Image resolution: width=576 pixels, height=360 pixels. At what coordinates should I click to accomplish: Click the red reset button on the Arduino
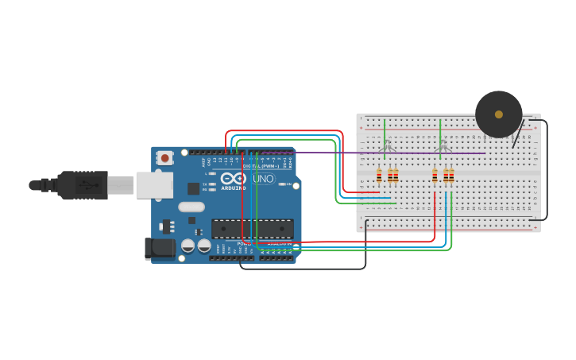point(164,157)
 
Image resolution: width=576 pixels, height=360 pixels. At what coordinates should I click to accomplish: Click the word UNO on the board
point(264,179)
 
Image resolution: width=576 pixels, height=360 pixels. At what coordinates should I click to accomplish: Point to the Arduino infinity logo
point(234,179)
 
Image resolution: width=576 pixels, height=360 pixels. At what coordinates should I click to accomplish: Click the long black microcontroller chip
point(252,229)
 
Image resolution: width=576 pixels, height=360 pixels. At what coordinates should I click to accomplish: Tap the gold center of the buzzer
point(499,114)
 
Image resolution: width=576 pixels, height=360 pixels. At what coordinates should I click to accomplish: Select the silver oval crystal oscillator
point(191,207)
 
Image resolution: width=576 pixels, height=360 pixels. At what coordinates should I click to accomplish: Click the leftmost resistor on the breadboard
point(379,176)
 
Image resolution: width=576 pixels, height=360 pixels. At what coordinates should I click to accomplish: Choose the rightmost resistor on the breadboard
point(451,176)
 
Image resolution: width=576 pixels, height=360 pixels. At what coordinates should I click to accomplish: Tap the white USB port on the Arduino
point(154,185)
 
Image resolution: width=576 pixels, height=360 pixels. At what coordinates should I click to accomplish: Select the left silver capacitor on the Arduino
point(188,246)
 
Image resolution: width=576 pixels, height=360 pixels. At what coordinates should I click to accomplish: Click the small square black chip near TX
point(193,188)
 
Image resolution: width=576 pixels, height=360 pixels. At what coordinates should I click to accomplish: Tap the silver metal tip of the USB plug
point(121,185)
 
